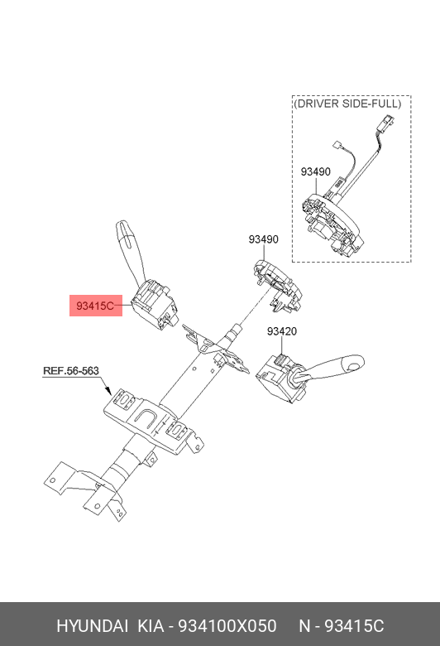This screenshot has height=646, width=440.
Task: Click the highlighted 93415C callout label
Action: point(95,306)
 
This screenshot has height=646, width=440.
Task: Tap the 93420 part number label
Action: point(281,331)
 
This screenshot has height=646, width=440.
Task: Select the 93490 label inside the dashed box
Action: point(315,171)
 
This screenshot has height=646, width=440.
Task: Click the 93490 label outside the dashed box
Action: point(263,239)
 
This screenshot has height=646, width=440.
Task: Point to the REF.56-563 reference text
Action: point(71,371)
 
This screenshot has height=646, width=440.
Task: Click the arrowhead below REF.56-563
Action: point(108,390)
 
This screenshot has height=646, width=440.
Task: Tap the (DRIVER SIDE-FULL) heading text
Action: point(347,104)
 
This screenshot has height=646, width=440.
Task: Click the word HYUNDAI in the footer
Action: point(92,626)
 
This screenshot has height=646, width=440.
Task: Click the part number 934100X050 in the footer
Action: point(227,626)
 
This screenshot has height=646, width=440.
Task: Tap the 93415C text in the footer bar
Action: point(354,626)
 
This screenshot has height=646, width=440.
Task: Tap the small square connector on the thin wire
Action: point(337,146)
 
